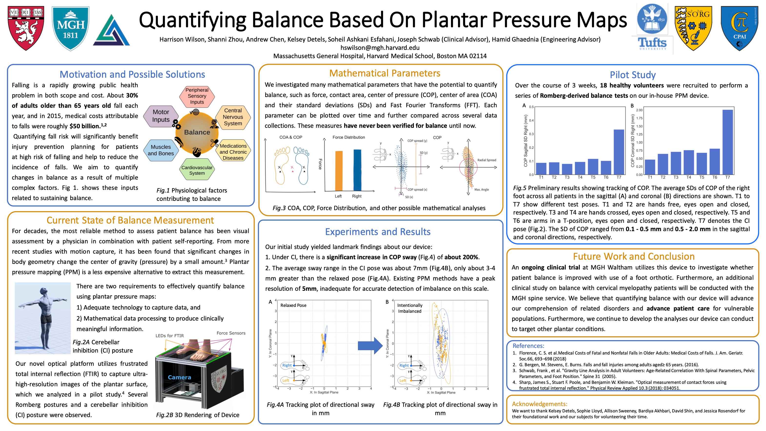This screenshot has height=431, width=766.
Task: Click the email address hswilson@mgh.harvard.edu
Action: pyautogui.click(x=380, y=48)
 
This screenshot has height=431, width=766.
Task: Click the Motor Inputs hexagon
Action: pyautogui.click(x=161, y=116)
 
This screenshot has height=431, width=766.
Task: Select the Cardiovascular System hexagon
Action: pyautogui.click(x=197, y=170)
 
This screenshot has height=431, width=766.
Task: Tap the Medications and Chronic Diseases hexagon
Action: pyautogui.click(x=233, y=152)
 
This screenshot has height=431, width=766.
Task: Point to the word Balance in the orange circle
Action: pyautogui.click(x=197, y=132)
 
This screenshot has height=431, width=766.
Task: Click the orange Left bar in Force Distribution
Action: pyautogui.click(x=339, y=171)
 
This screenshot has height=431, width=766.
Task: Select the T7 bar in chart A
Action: pyautogui.click(x=619, y=152)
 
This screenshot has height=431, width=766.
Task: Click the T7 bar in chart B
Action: pyautogui.click(x=727, y=142)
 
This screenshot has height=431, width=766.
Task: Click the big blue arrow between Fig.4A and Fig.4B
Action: pyautogui.click(x=370, y=345)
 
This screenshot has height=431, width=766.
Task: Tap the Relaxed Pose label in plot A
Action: pyautogui.click(x=293, y=305)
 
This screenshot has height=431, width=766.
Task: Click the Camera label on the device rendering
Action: pyautogui.click(x=179, y=377)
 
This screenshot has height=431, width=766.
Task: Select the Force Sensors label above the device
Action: pyautogui.click(x=231, y=333)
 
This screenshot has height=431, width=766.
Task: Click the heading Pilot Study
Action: pyautogui.click(x=633, y=75)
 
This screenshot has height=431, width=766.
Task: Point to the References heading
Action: pyautogui.click(x=528, y=346)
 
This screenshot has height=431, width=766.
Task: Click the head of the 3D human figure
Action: pyautogui.click(x=44, y=290)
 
